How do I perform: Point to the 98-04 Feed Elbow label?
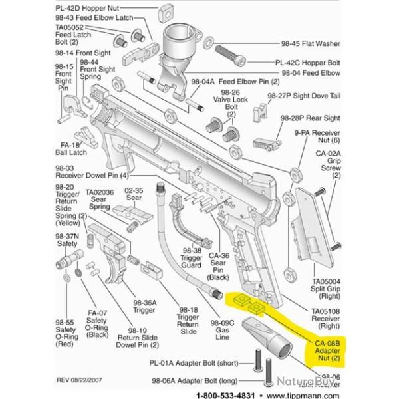pyautogui.click(x=311, y=72)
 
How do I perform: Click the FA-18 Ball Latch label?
pyautogui.click(x=69, y=148)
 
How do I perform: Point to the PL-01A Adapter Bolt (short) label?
pyautogui.click(x=192, y=364)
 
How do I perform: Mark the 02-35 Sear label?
pyautogui.click(x=134, y=194)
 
